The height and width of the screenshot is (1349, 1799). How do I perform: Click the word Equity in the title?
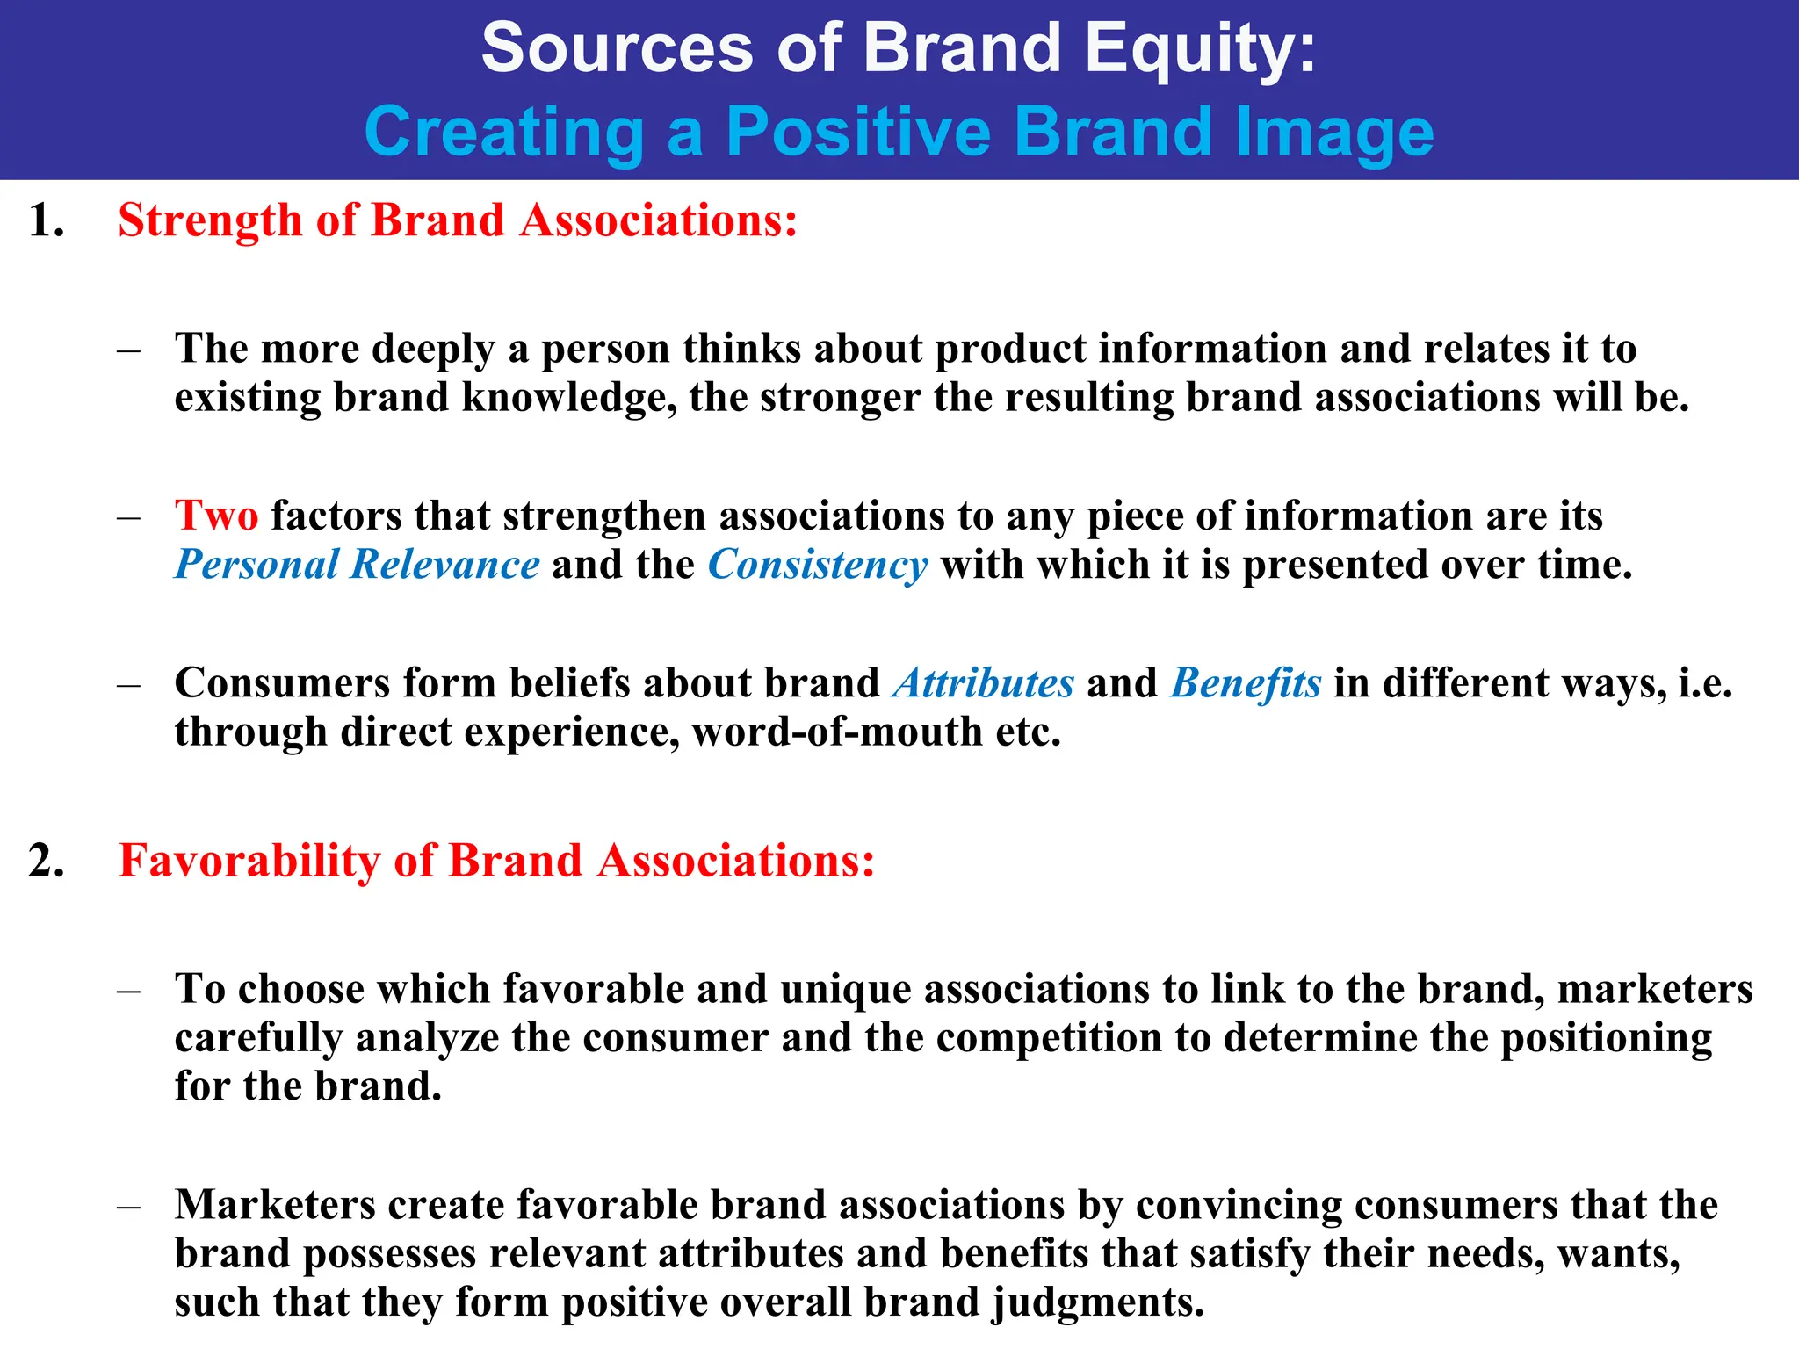[x=1199, y=49]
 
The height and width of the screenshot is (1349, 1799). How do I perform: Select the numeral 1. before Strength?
[x=46, y=220]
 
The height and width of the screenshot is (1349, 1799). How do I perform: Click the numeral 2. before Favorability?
[x=46, y=860]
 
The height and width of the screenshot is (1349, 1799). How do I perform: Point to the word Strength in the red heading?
[x=210, y=220]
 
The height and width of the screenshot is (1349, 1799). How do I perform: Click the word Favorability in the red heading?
[x=249, y=860]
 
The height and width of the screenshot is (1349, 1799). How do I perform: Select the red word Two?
[x=216, y=516]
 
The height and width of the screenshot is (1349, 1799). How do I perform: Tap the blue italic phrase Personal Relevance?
[x=357, y=565]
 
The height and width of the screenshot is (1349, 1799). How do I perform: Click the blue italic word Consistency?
[x=817, y=565]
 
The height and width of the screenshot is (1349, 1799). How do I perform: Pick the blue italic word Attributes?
[x=983, y=683]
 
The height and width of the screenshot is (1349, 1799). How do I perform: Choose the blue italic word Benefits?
[x=1245, y=683]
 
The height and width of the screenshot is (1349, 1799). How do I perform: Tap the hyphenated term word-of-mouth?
[x=836, y=732]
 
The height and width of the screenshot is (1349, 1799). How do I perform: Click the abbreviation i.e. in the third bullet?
[x=1705, y=683]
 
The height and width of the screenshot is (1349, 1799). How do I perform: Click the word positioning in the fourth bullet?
[x=1606, y=1038]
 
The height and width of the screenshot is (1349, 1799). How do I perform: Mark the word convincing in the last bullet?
[x=1239, y=1205]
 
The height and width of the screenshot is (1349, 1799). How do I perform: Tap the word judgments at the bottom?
[x=1097, y=1302]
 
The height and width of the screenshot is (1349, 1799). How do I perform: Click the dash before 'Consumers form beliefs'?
[x=129, y=684]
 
